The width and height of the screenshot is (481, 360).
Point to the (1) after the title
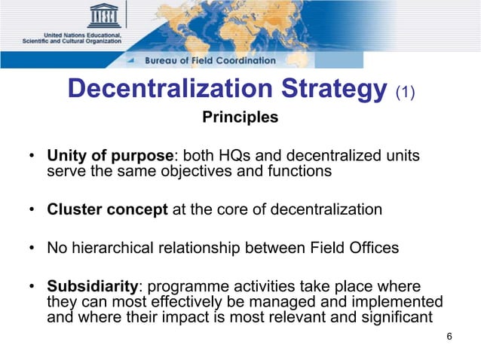(405, 91)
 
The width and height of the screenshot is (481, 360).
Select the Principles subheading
(240, 117)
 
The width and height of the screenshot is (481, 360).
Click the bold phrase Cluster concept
(108, 209)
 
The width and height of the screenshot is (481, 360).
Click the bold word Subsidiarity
(93, 287)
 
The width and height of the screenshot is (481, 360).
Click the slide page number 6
(449, 337)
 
